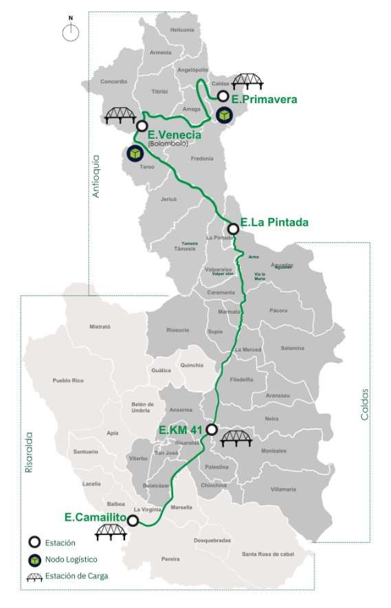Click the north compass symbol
pyautogui.click(x=70, y=32)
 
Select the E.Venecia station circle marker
pyautogui.click(x=142, y=126)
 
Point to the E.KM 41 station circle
pyautogui.click(x=212, y=430)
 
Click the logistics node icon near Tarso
pyautogui.click(x=134, y=153)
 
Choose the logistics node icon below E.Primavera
pyautogui.click(x=223, y=116)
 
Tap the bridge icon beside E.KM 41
pyautogui.click(x=236, y=435)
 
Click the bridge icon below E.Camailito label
pyautogui.click(x=111, y=530)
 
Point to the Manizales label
pyautogui.click(x=273, y=450)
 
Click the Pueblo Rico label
pyautogui.click(x=67, y=380)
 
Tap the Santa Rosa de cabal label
pyautogui.click(x=269, y=554)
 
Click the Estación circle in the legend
pyautogui.click(x=33, y=541)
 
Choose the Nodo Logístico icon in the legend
pyautogui.click(x=33, y=558)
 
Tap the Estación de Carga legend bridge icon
pyautogui.click(x=34, y=576)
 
